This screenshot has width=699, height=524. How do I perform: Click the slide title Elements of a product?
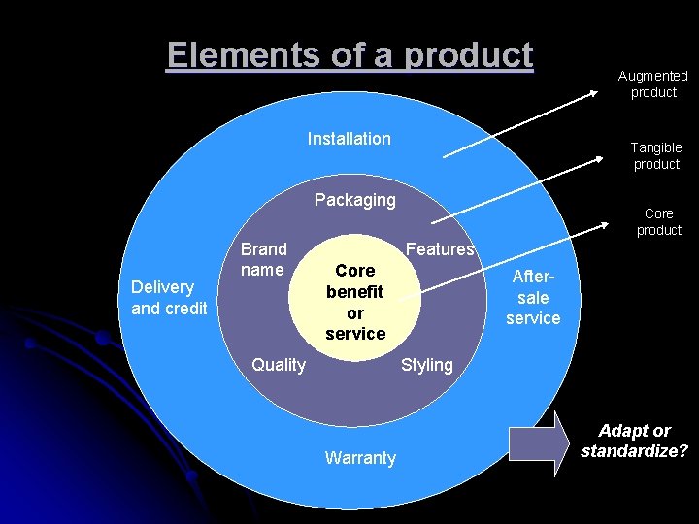(349, 55)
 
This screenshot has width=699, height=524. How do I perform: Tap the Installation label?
(349, 139)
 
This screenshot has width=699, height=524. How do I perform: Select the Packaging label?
(354, 200)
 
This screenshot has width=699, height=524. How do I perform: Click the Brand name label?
(263, 259)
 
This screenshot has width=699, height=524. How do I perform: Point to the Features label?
(439, 249)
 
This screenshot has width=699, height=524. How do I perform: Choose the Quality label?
(278, 365)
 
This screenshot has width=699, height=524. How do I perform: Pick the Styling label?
(427, 365)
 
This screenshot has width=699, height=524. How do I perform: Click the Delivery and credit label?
(169, 297)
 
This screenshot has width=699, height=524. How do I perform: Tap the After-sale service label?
(533, 297)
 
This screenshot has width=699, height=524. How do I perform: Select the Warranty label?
(360, 458)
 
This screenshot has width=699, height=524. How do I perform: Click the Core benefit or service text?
(355, 302)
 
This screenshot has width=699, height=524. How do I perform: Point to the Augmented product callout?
(653, 83)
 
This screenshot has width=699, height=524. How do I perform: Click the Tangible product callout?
(656, 155)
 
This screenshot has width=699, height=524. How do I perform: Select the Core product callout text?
(658, 221)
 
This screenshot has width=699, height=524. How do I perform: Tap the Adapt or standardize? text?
(635, 441)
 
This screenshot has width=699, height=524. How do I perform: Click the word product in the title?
(470, 55)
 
